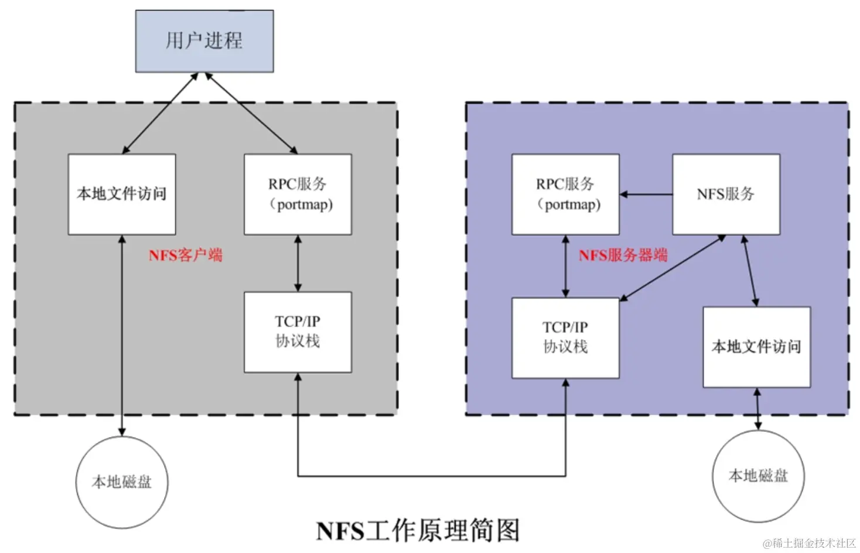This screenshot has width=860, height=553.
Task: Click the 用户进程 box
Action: pyautogui.click(x=204, y=41)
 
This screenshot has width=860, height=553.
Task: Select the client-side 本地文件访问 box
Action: pyautogui.click(x=122, y=194)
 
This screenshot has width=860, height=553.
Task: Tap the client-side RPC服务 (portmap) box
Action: pyautogui.click(x=298, y=194)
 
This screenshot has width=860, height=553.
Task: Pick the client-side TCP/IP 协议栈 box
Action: pyautogui.click(x=298, y=332)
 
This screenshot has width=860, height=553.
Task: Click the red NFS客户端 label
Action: pyautogui.click(x=185, y=255)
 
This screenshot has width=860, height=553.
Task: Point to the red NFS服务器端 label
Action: pyautogui.click(x=623, y=255)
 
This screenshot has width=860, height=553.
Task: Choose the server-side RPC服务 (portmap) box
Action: pyautogui.click(x=565, y=194)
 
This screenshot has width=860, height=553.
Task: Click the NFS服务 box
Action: pyautogui.click(x=726, y=194)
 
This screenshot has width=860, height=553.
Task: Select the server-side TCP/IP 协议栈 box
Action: pyautogui.click(x=565, y=337)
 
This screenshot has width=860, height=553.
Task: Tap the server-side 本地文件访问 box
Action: pyautogui.click(x=756, y=347)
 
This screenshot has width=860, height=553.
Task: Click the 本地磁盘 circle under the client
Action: pyautogui.click(x=122, y=482)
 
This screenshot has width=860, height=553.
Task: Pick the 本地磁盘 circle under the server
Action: pyautogui.click(x=758, y=476)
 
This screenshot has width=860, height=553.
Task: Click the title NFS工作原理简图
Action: pyautogui.click(x=418, y=531)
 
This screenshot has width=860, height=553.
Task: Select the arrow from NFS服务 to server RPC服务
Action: pyautogui.click(x=646, y=194)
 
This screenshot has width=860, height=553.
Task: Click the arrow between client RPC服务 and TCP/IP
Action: pyautogui.click(x=298, y=263)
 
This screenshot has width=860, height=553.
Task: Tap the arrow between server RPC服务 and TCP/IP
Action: pyautogui.click(x=565, y=266)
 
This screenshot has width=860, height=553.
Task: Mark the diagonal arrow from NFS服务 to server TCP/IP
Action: pyautogui.click(x=673, y=268)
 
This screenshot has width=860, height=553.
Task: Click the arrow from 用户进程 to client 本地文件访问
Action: pyautogui.click(x=160, y=113)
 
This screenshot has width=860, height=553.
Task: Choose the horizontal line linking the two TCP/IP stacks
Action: pyautogui.click(x=432, y=476)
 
